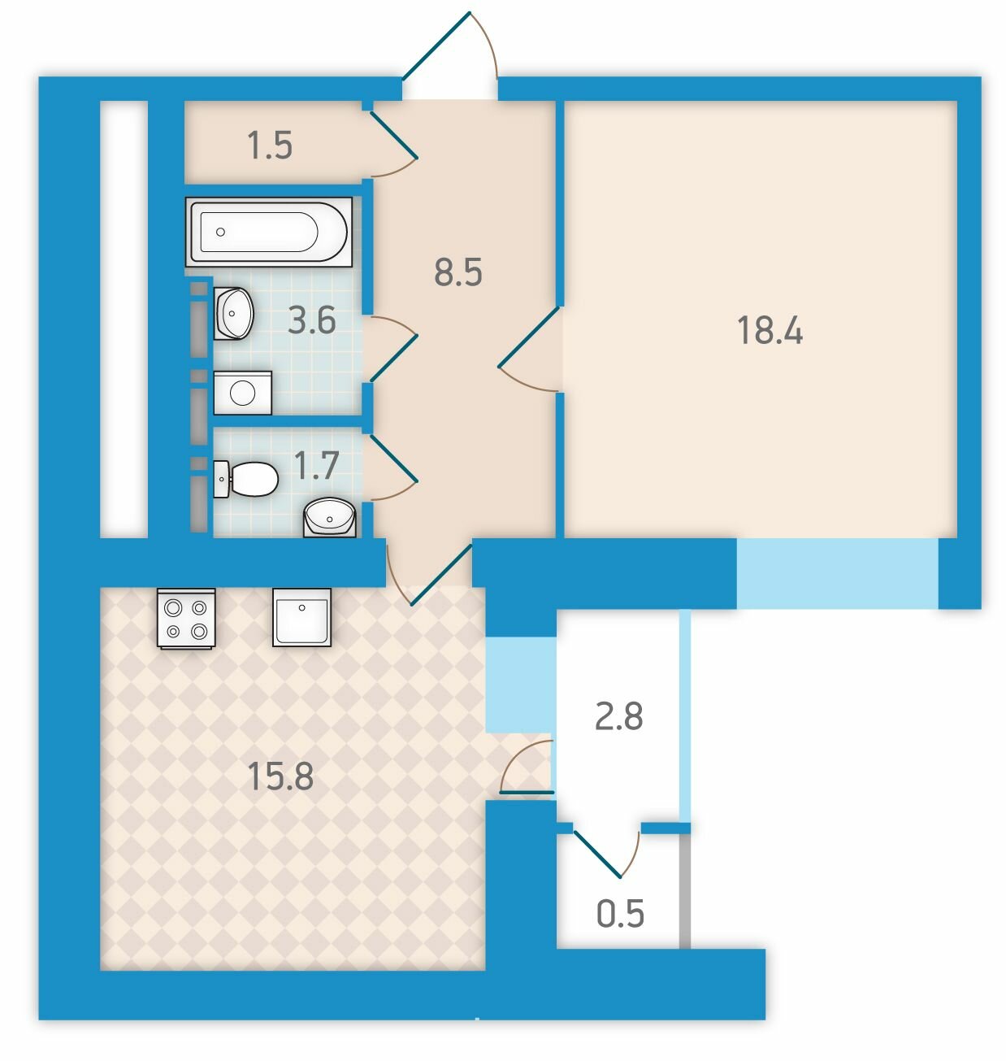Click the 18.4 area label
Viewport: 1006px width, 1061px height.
point(770,330)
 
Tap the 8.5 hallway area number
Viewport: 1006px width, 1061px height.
point(457,272)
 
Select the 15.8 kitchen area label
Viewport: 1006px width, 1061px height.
point(280,776)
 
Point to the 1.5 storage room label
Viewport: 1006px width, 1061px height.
point(270,146)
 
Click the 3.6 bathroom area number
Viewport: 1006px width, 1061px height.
point(312,320)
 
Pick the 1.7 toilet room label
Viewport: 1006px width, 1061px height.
point(316,466)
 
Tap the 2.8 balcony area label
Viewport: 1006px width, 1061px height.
point(618,716)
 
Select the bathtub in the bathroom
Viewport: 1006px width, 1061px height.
point(269,232)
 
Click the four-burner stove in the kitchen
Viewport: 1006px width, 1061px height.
point(186,618)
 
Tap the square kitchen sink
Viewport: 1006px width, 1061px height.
point(301,617)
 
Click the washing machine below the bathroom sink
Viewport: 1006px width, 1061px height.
point(242,393)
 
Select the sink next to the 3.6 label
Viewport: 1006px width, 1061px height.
point(233,313)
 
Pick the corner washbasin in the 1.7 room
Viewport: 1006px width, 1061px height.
point(330,517)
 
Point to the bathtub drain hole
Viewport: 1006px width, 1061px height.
point(220,232)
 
